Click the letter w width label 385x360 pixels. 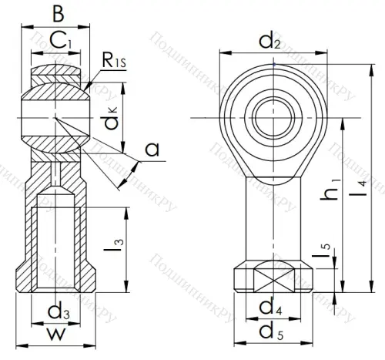coord(55,336)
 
